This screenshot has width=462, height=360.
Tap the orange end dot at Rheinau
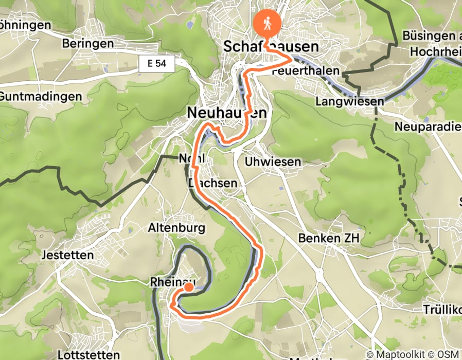tap(189, 287)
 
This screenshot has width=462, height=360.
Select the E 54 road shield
tap(157, 64)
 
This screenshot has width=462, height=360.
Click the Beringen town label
tap(87, 44)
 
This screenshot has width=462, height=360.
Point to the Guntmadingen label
tap(41, 96)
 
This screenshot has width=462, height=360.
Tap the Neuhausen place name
tap(227, 112)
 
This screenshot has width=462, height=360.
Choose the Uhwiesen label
tap(273, 162)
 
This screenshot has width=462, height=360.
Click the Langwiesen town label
tap(350, 102)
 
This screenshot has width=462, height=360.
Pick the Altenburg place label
tap(176, 227)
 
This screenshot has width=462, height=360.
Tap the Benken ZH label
tap(329, 238)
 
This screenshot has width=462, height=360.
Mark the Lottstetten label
tap(88, 355)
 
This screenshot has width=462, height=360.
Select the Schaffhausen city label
tap(271, 47)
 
